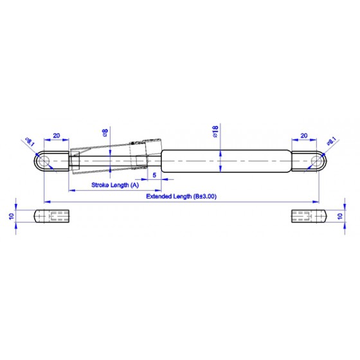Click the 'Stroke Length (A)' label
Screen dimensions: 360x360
(x=115, y=185)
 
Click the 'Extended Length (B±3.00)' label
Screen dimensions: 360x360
(x=181, y=197)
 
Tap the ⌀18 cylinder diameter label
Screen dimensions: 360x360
(x=215, y=131)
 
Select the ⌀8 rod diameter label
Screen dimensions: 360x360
(x=105, y=133)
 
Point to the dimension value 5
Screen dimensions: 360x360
(x=154, y=175)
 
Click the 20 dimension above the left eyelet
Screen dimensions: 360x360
(x=57, y=136)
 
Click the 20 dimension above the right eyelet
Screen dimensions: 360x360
(x=303, y=136)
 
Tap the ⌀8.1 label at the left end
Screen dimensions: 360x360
(x=30, y=142)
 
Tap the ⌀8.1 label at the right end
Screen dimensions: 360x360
(x=332, y=141)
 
